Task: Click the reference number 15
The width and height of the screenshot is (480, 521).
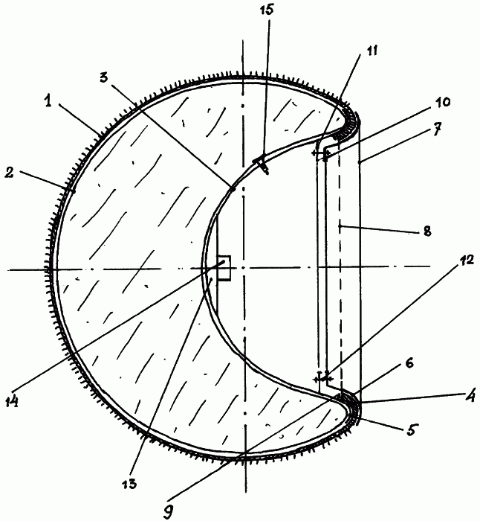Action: (x=266, y=10)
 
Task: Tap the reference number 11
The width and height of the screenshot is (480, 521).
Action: (x=372, y=51)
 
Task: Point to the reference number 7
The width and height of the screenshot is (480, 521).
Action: (x=438, y=129)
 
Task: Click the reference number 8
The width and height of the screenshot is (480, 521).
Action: (x=427, y=230)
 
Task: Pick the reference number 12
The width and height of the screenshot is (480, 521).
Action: (x=467, y=260)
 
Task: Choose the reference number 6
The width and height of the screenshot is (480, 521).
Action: (x=409, y=363)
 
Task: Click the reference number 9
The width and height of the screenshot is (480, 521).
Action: (x=169, y=512)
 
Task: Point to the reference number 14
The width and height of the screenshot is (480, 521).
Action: (x=12, y=401)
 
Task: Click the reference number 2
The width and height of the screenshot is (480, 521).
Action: (x=9, y=172)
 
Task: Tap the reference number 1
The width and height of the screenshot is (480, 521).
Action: (x=48, y=101)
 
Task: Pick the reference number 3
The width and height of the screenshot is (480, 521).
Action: (x=104, y=77)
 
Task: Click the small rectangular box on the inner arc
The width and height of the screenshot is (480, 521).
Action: (x=224, y=268)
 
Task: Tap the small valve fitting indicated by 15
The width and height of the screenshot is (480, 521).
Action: (x=262, y=163)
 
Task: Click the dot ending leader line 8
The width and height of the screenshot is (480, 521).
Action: (x=340, y=226)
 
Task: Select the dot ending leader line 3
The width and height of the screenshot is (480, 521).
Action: (x=233, y=189)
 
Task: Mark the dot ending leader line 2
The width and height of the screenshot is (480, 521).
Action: (x=74, y=191)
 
